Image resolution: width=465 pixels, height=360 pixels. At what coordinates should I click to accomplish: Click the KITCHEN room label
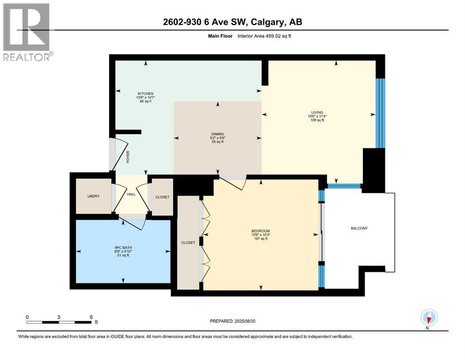tap(145, 93)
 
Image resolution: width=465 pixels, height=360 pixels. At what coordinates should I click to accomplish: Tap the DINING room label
tap(217, 134)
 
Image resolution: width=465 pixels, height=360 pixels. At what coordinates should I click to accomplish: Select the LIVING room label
tap(316, 112)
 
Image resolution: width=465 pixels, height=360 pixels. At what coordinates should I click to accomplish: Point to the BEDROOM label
tap(260, 231)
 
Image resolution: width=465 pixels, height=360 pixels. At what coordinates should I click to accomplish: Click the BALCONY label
tap(359, 228)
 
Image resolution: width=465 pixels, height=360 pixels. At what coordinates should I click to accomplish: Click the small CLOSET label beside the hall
tap(162, 197)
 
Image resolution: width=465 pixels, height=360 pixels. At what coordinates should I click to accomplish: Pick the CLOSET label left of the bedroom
tap(188, 242)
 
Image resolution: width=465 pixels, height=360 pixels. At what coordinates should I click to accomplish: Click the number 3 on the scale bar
tap(59, 317)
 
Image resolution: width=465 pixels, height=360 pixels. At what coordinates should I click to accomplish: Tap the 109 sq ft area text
tap(316, 120)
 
